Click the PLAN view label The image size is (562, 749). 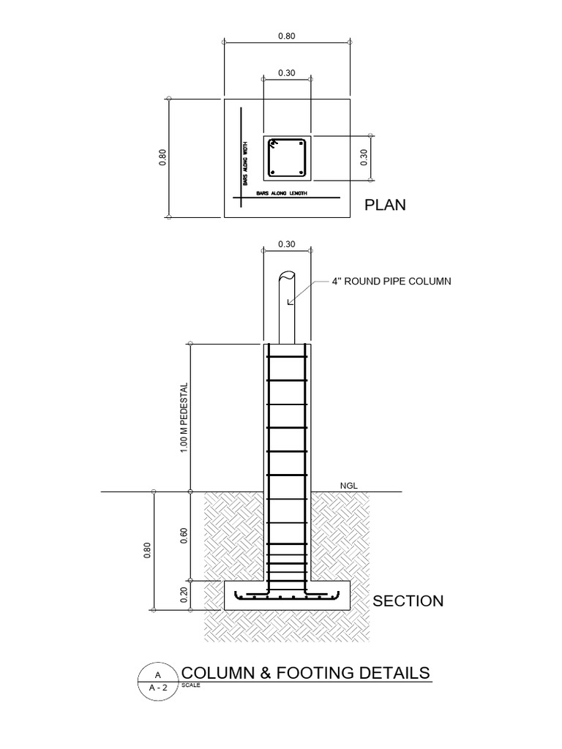click(385, 205)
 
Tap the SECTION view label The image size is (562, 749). click(408, 601)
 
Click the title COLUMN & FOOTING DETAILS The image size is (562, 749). click(305, 673)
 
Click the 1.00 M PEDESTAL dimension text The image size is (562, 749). click(185, 417)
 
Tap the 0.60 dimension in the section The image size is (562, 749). click(185, 536)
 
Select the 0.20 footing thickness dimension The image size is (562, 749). click(185, 593)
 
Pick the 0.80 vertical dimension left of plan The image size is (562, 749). click(162, 157)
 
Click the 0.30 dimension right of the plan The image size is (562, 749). click(364, 157)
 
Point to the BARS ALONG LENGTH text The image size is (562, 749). click(280, 193)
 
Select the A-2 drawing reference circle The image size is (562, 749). click(157, 682)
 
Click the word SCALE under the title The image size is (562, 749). click(189, 685)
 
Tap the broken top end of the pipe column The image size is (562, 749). click(287, 277)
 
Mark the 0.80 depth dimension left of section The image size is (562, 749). click(147, 549)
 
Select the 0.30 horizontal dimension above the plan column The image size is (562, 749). click(287, 72)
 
